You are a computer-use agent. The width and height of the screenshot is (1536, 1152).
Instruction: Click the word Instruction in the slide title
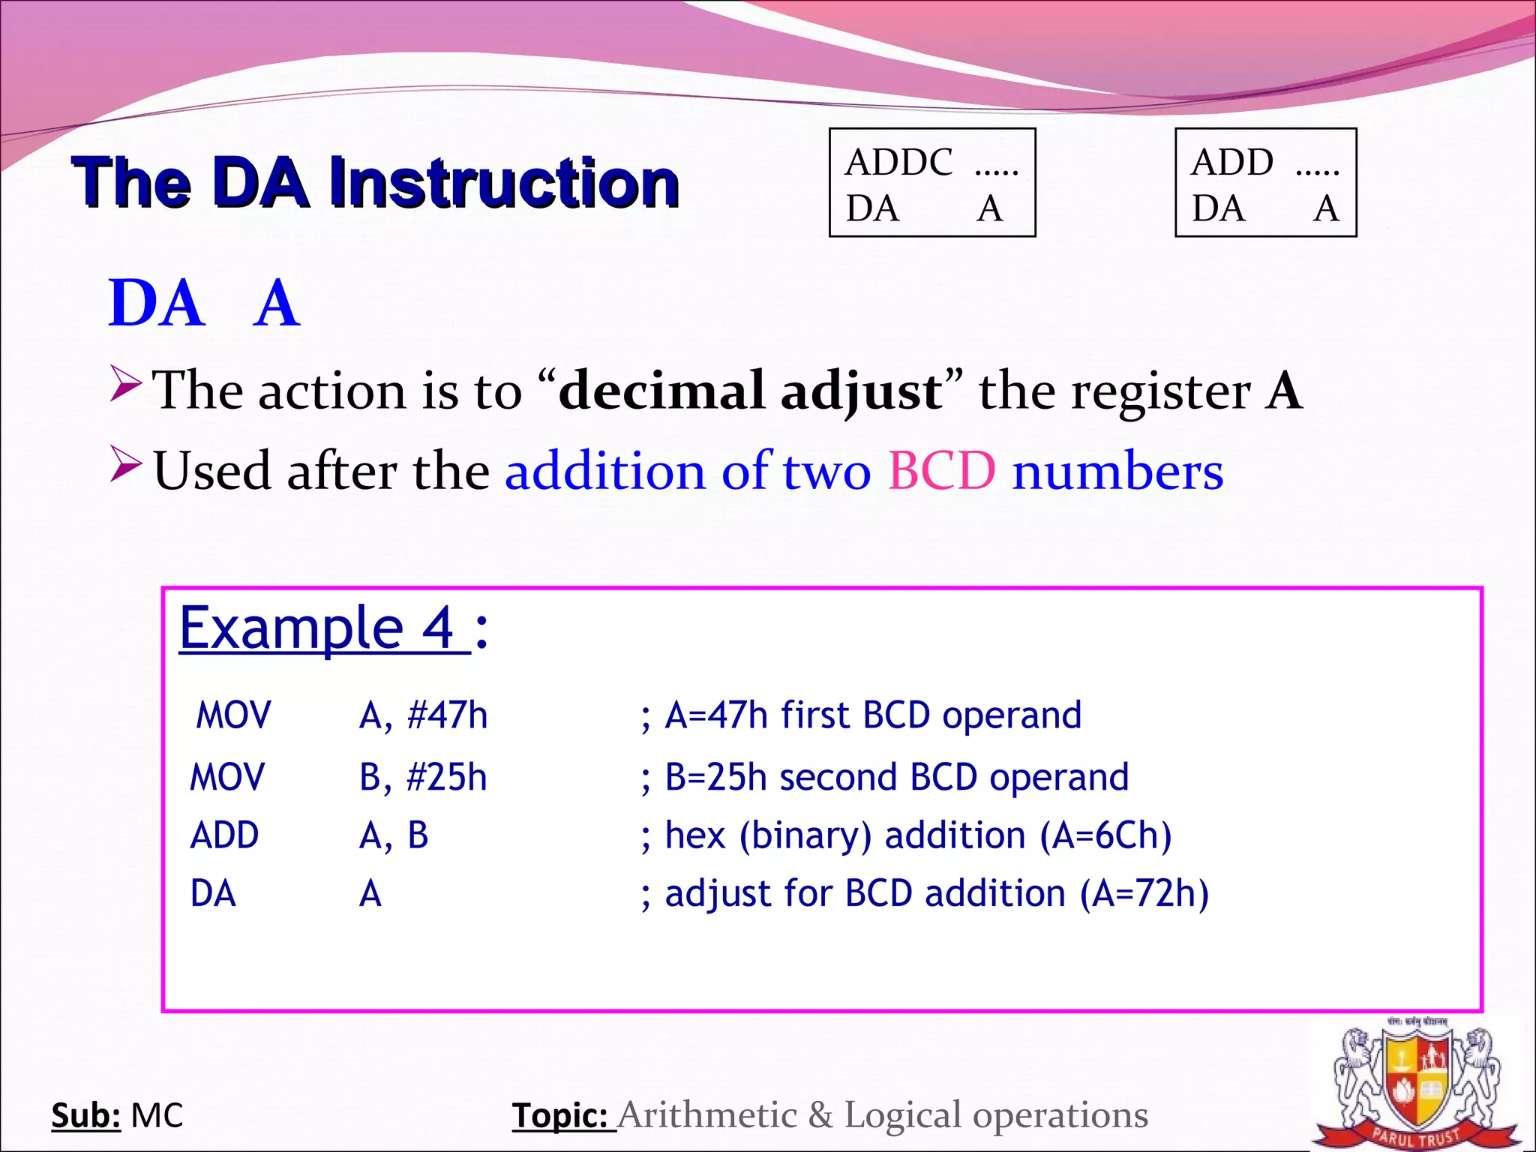[504, 182]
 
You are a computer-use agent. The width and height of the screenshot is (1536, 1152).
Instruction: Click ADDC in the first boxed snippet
[898, 162]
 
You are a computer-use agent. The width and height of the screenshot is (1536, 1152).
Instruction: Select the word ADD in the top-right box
[1232, 162]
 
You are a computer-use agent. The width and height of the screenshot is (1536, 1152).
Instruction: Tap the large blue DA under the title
[156, 303]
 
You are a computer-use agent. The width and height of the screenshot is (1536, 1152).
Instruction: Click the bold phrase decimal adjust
[750, 391]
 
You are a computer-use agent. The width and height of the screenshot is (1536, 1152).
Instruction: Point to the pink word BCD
[942, 471]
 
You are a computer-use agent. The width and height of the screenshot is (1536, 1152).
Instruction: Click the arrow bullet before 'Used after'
[124, 463]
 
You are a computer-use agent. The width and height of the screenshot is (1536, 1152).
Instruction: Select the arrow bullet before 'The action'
[124, 383]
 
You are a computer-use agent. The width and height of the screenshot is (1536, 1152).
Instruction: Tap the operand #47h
[447, 715]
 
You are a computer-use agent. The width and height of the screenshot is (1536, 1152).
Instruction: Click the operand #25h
[446, 777]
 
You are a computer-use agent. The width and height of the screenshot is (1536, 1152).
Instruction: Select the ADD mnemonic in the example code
[224, 835]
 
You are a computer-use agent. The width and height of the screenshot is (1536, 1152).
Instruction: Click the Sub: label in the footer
[85, 1115]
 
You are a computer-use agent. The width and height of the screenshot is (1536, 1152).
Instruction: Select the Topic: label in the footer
[560, 1115]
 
